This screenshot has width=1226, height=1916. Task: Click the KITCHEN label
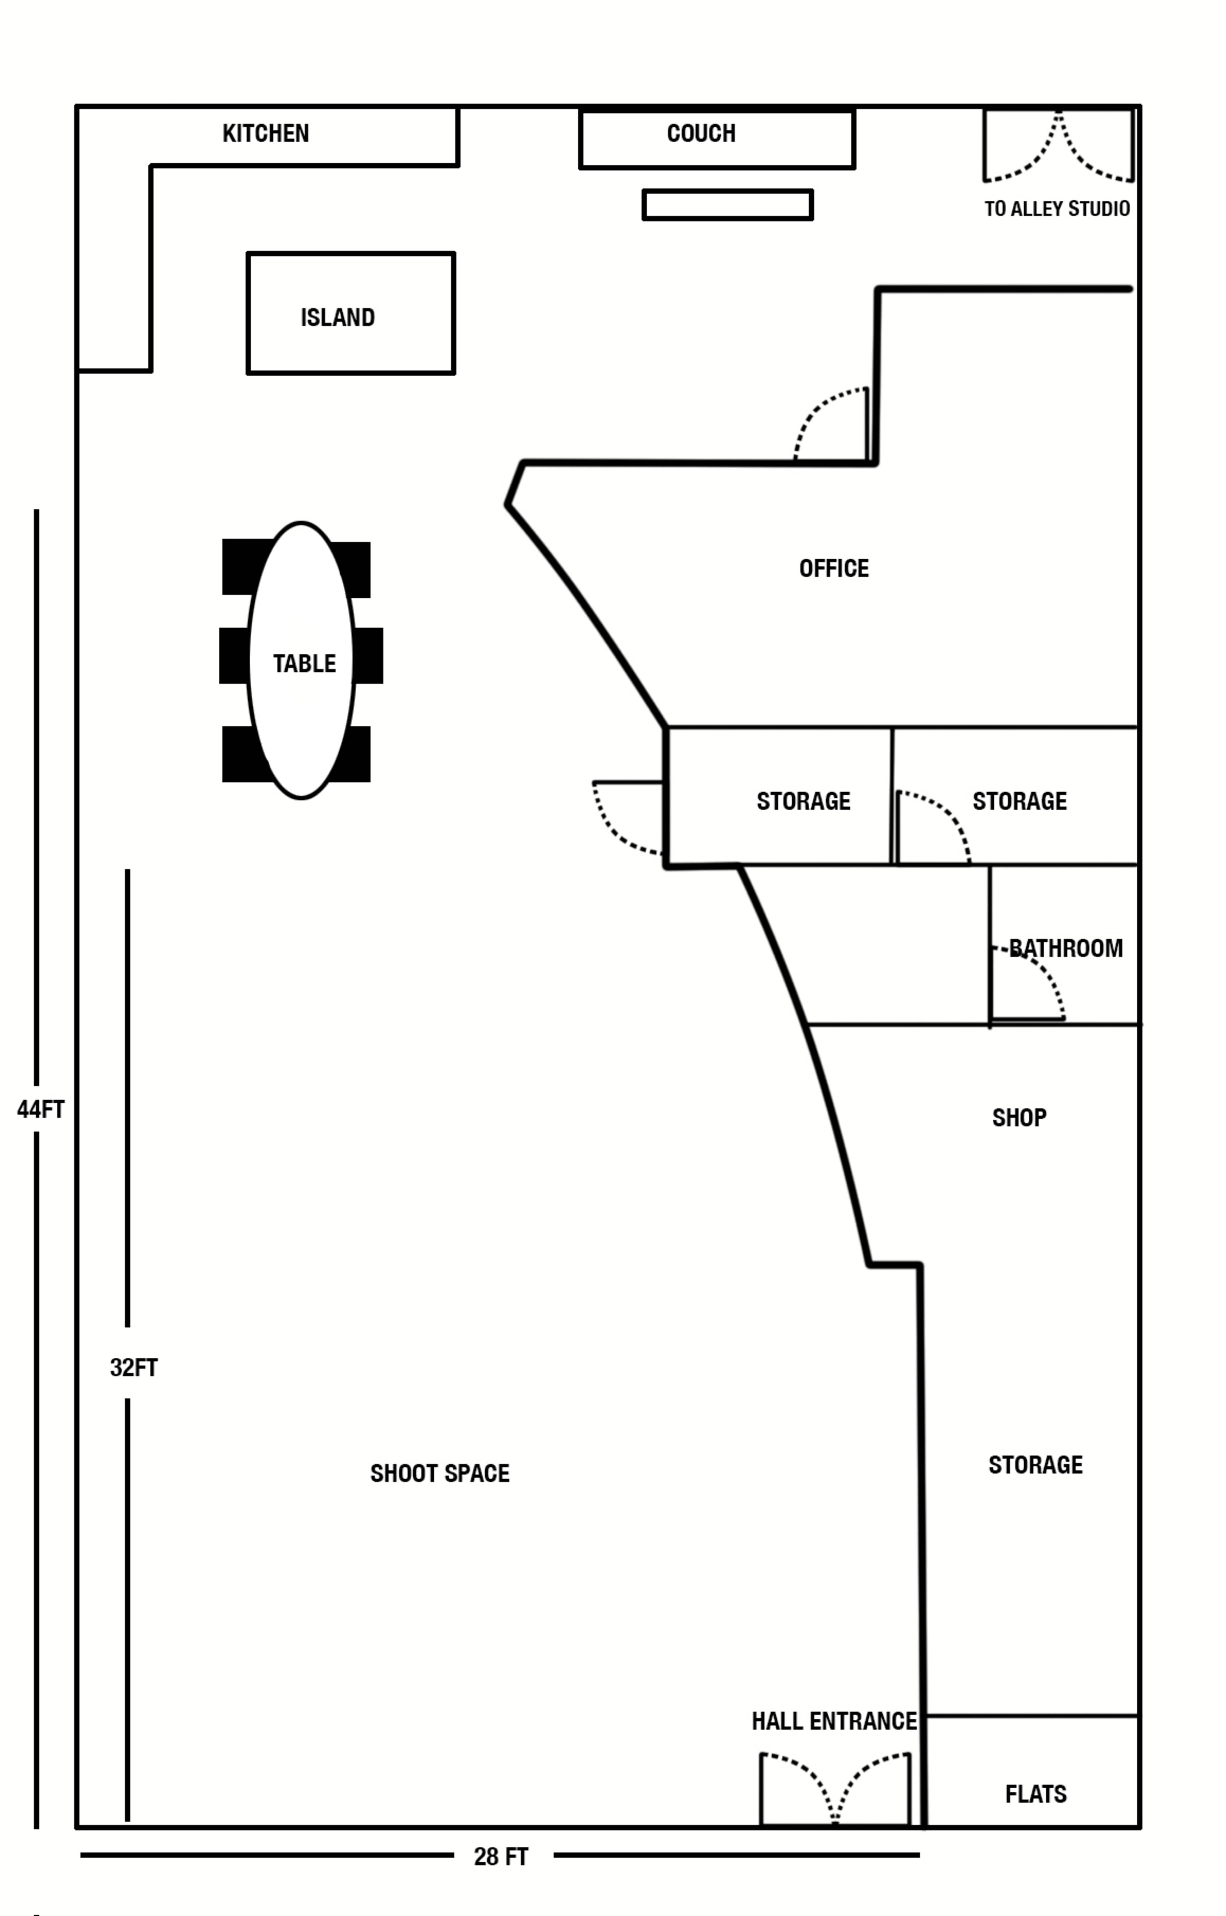pyautogui.click(x=265, y=133)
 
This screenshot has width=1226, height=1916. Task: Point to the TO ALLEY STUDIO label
pyautogui.click(x=1056, y=208)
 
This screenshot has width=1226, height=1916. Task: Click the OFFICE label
pyautogui.click(x=834, y=568)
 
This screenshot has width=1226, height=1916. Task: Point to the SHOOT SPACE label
pyautogui.click(x=439, y=1474)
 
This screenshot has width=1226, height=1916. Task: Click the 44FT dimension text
pyautogui.click(x=40, y=1109)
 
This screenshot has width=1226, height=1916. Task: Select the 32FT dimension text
pyautogui.click(x=134, y=1368)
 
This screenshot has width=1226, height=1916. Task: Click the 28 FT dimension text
pyautogui.click(x=501, y=1856)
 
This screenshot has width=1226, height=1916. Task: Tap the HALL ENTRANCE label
pyautogui.click(x=834, y=1721)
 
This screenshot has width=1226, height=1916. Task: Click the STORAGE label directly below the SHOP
pyautogui.click(x=1035, y=1465)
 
